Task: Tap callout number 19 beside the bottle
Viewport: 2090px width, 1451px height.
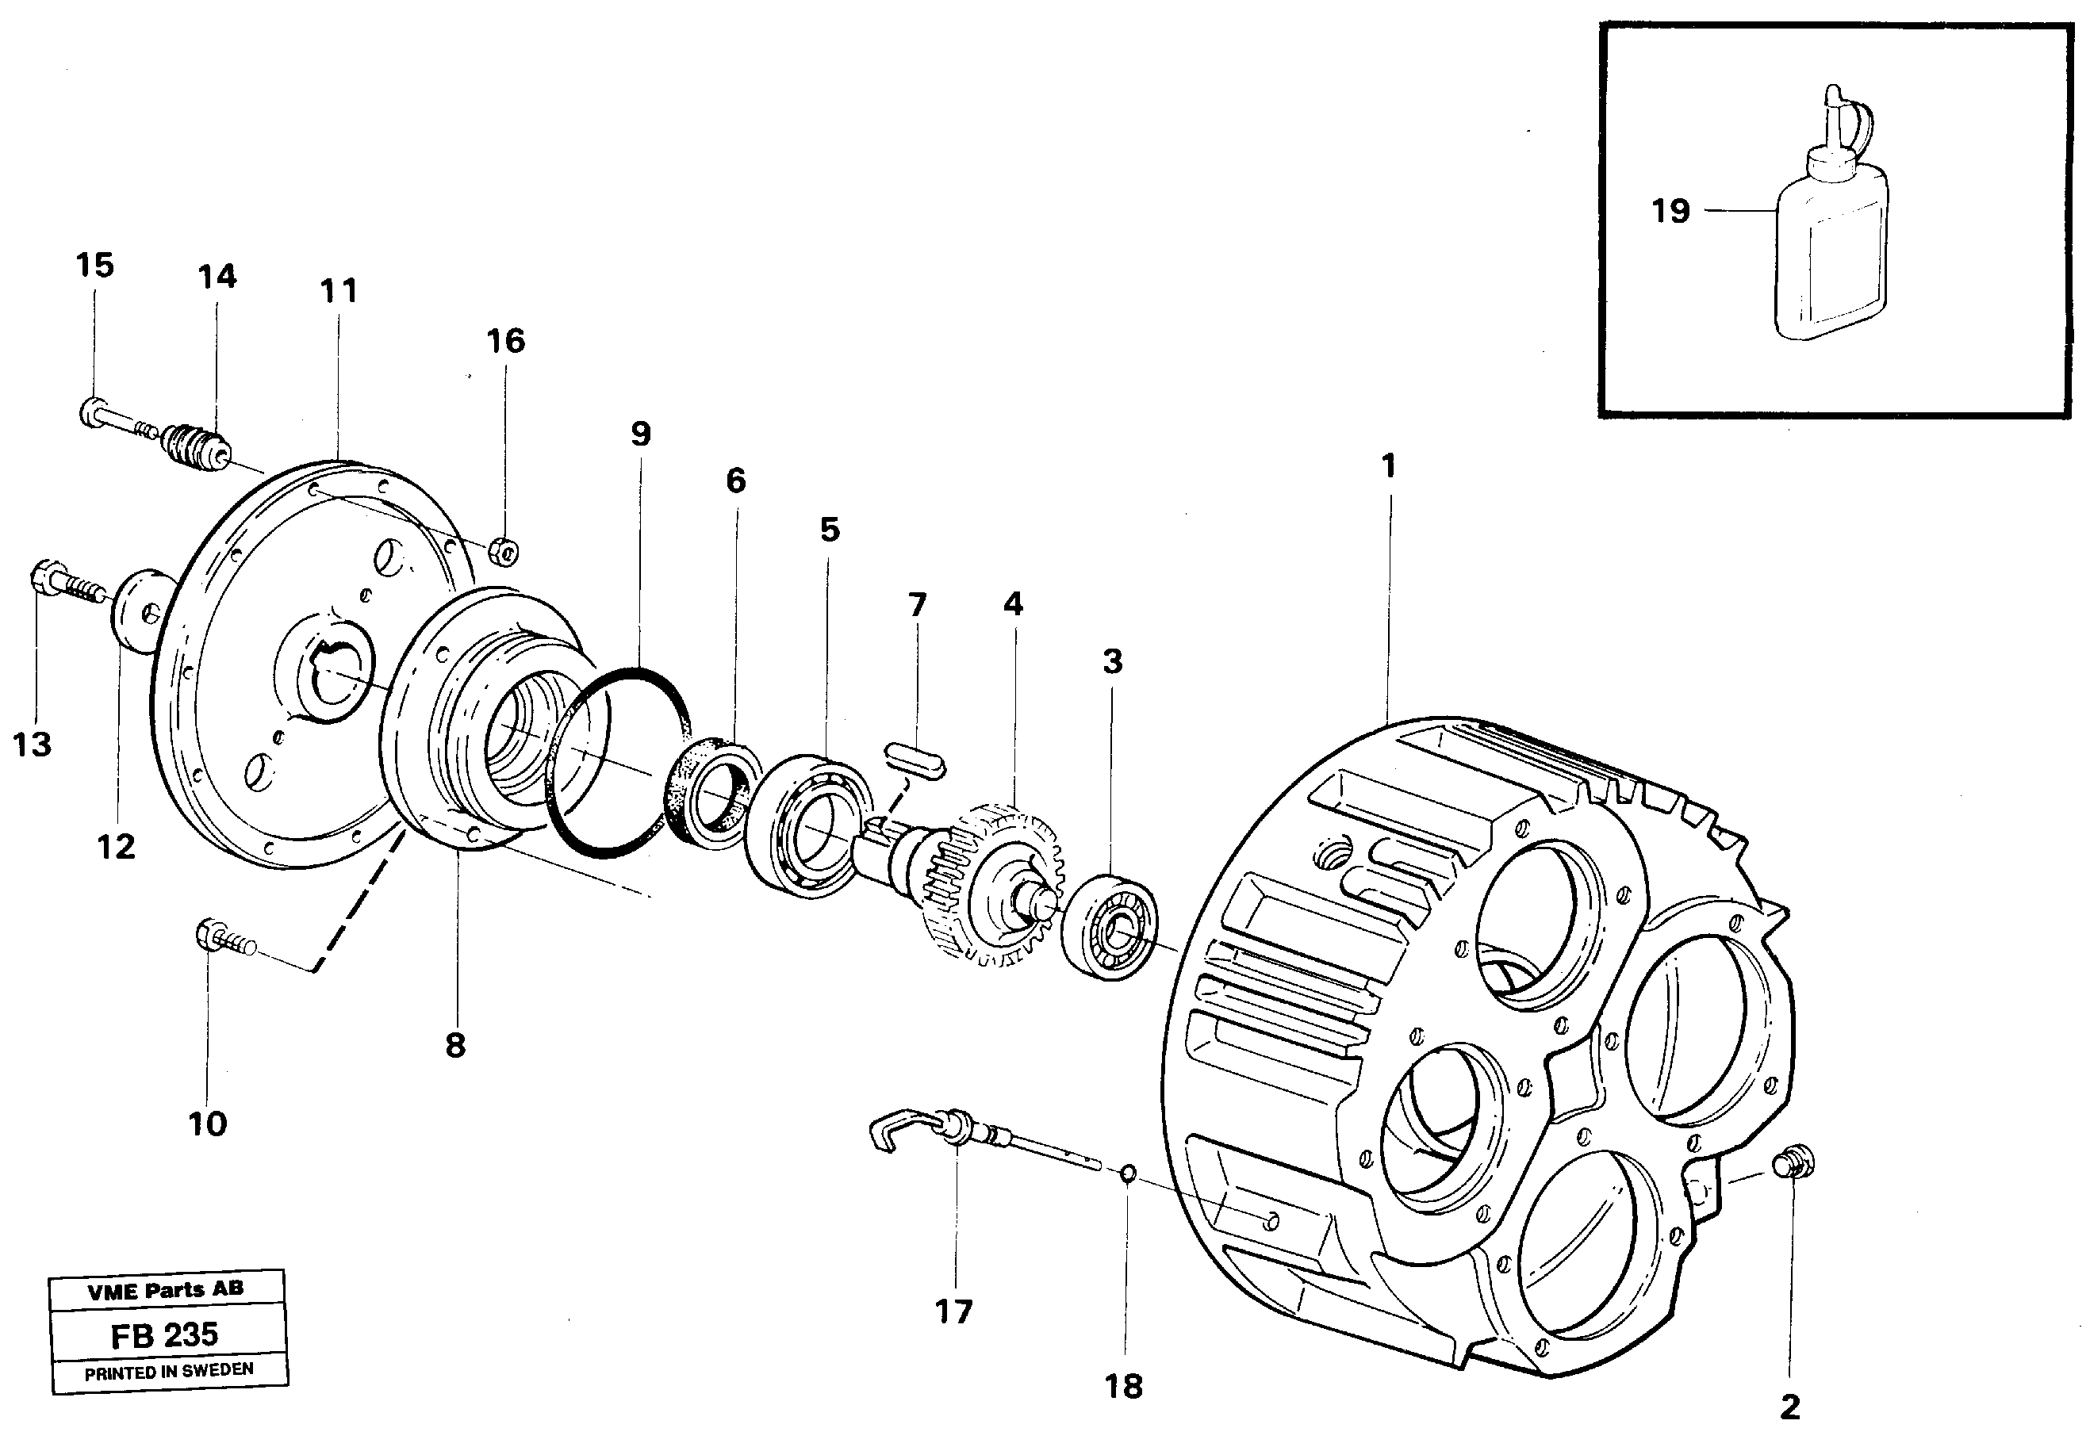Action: pos(1670,211)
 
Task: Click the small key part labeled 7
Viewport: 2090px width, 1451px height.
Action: pos(914,761)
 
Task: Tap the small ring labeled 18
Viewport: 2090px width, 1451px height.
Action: pos(1127,1174)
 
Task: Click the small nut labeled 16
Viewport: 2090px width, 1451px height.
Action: pos(504,550)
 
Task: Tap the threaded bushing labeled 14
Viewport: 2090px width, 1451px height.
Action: pos(196,446)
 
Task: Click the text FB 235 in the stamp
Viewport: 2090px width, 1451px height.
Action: pos(165,1335)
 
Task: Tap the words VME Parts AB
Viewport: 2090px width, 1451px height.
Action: pos(166,1289)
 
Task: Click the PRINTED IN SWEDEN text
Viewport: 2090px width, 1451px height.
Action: pos(169,1372)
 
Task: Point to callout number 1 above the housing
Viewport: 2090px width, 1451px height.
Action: pos(1388,466)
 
